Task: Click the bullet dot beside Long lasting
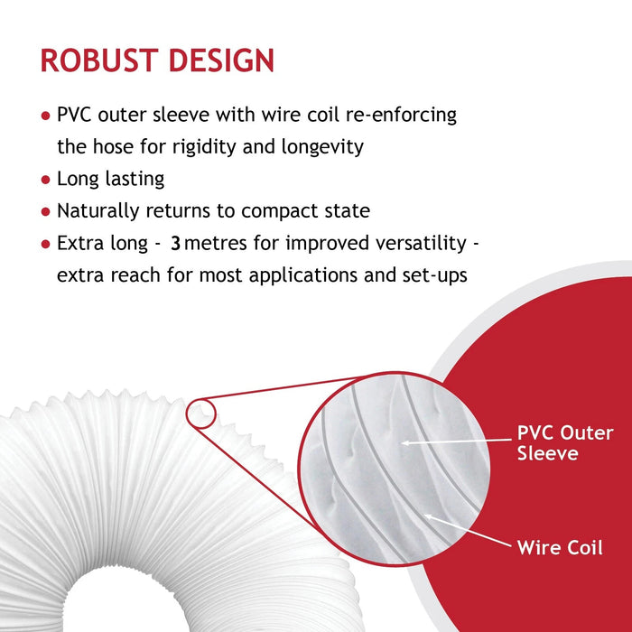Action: pyautogui.click(x=45, y=181)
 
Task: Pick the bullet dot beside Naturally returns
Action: pyautogui.click(x=45, y=212)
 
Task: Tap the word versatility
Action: pyautogui.click(x=423, y=244)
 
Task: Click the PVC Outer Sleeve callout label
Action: pyautogui.click(x=563, y=443)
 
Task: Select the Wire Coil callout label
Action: pyautogui.click(x=560, y=547)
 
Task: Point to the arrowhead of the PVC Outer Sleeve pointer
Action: pyautogui.click(x=404, y=442)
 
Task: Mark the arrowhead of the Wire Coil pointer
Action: pyautogui.click(x=426, y=516)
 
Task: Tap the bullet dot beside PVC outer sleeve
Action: pyautogui.click(x=45, y=116)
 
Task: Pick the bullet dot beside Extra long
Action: pyautogui.click(x=45, y=245)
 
